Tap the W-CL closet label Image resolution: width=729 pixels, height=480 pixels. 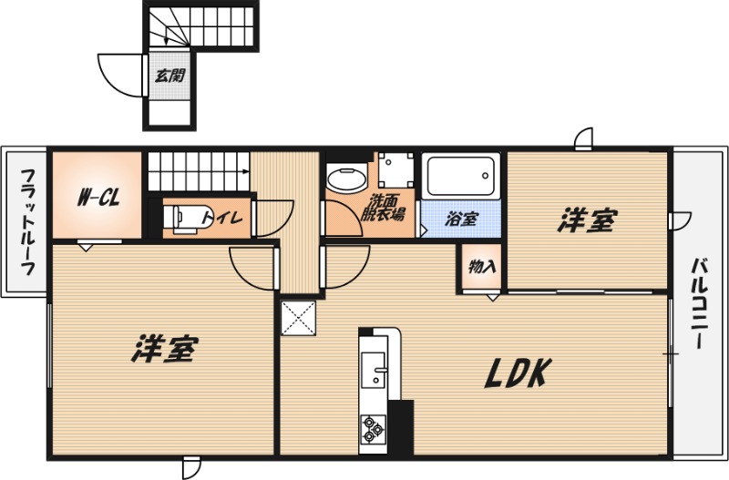click(95, 196)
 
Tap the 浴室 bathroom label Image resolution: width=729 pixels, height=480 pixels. click(461, 219)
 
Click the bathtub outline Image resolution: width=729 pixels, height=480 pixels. click(461, 178)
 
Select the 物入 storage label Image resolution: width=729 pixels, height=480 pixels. click(481, 267)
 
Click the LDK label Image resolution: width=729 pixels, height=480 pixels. click(516, 373)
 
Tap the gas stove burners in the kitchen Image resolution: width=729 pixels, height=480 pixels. click(372, 428)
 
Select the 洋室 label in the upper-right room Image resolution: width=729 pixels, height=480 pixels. click(586, 220)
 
